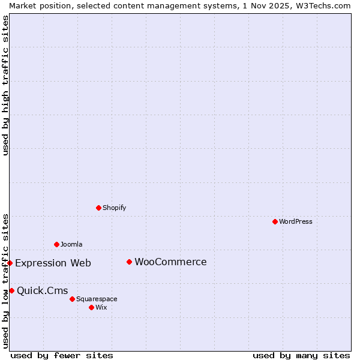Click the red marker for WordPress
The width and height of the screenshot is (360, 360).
[x=275, y=221]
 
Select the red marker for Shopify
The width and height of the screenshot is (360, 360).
[x=98, y=208]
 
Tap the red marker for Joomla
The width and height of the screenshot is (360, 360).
[x=56, y=244]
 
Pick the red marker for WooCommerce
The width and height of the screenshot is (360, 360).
[x=129, y=262]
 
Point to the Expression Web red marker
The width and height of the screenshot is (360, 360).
[x=10, y=263]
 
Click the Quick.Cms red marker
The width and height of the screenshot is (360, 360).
[x=11, y=290]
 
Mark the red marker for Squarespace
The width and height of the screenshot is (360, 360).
[x=72, y=299]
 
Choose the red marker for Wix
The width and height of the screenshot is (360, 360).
[x=91, y=307]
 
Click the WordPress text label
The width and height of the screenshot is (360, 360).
[x=296, y=221]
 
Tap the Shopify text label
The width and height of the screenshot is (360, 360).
[x=115, y=208]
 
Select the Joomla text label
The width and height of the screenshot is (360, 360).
[x=71, y=244]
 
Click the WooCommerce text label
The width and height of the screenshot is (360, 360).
[x=170, y=262]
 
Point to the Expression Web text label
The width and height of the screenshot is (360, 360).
[x=53, y=263]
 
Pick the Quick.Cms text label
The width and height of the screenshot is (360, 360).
[x=42, y=291]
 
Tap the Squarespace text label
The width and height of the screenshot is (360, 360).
[x=97, y=299]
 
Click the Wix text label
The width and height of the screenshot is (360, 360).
[x=101, y=307]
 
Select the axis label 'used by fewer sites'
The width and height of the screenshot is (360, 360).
[x=62, y=355]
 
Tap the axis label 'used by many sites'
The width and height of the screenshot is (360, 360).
[x=301, y=355]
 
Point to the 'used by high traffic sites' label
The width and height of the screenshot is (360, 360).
[x=5, y=85]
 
